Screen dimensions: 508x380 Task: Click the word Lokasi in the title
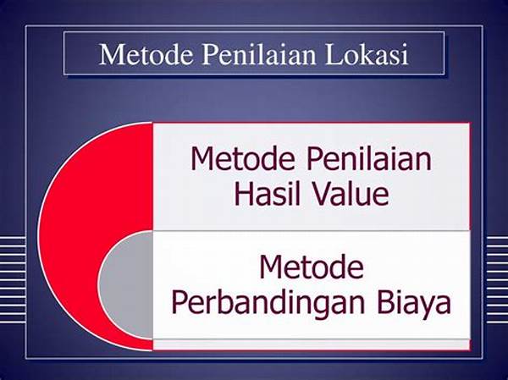pos(367,54)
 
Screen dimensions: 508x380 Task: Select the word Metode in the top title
pos(146,54)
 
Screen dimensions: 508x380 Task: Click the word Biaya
pos(414,303)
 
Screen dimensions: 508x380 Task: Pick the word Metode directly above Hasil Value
pos(243,158)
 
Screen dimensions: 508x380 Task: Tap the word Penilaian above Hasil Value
pos(369,158)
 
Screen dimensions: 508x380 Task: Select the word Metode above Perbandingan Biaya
pos(312,267)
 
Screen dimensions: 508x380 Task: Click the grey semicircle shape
pos(126,284)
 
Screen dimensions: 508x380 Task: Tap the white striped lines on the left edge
pos(13,279)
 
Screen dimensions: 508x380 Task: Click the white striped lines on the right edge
pos(497,279)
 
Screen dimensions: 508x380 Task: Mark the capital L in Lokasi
pos(333,54)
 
